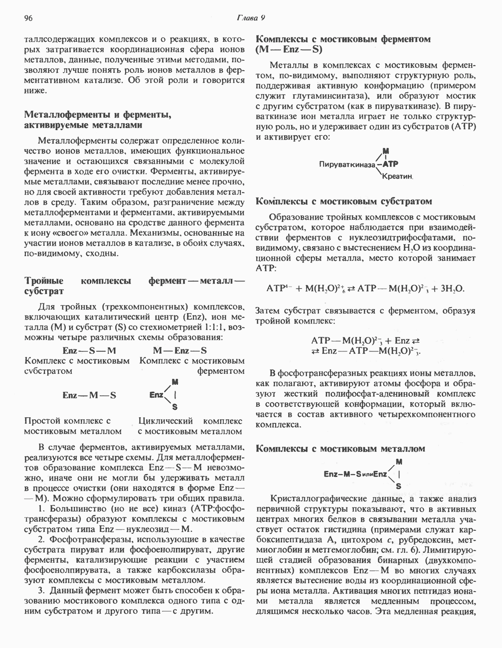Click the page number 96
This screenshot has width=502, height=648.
coord(28,18)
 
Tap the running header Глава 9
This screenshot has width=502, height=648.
coord(251,18)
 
